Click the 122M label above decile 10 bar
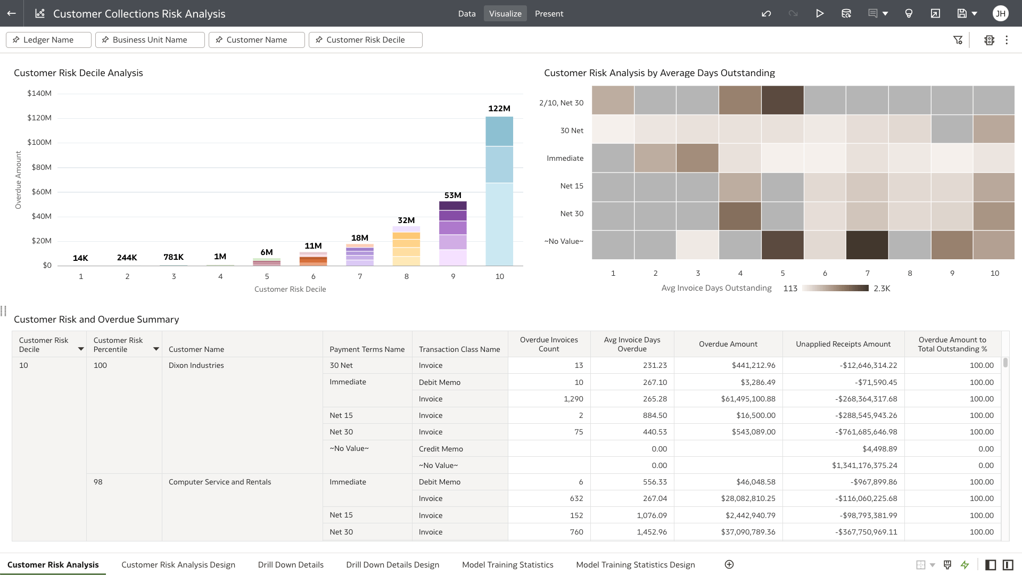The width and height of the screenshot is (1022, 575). pos(499,109)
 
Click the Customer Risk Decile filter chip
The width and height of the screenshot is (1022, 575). pos(365,40)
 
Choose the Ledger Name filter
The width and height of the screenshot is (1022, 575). pos(48,40)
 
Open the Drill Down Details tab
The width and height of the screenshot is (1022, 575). pos(291,565)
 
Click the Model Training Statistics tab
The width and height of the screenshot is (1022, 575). pos(507,565)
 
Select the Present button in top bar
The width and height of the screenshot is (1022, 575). pos(549,14)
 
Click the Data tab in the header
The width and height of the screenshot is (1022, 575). pos(466,14)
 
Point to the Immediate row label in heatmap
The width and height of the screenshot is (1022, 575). pos(565,158)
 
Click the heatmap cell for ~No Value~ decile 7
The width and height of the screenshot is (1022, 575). pos(867,245)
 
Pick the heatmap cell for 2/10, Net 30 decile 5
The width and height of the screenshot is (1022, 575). pos(782,100)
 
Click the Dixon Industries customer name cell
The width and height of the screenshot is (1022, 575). pos(196,365)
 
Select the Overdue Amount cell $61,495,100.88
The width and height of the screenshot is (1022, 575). pos(748,399)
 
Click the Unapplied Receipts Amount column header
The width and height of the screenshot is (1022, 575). pos(843,344)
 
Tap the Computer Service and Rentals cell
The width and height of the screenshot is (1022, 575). pos(220,482)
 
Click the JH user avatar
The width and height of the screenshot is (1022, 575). pos(1000,14)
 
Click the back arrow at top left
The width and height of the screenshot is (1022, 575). pos(12,14)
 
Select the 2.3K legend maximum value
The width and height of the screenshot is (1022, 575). pos(881,289)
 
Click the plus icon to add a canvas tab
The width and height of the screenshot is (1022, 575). pos(729,564)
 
